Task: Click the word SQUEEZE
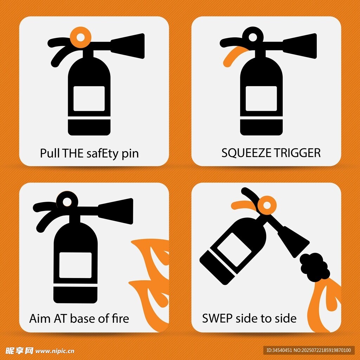click(x=246, y=153)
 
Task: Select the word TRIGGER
click(x=297, y=153)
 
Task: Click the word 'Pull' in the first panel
click(x=50, y=153)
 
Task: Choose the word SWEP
click(x=217, y=319)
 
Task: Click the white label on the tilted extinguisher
click(x=234, y=250)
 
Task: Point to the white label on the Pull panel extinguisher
click(x=89, y=99)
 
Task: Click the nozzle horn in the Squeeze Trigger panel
click(x=300, y=46)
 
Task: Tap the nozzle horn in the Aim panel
click(x=116, y=211)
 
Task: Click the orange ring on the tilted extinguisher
click(x=267, y=205)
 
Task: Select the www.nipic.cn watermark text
click(x=55, y=351)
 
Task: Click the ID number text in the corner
click(x=309, y=350)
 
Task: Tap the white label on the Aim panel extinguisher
click(x=76, y=265)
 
